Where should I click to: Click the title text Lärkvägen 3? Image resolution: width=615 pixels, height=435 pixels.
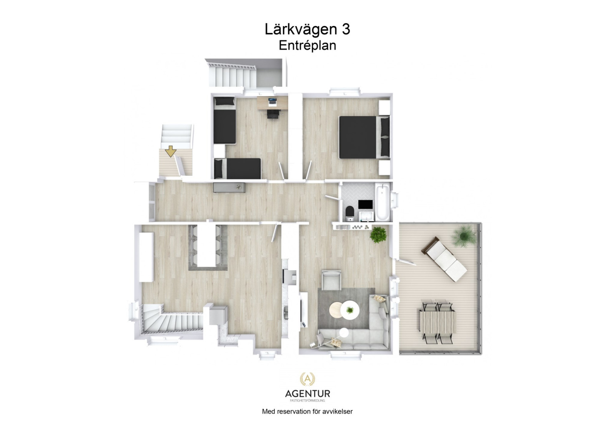click(307, 29)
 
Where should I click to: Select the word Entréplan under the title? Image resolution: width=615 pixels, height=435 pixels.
click(307, 45)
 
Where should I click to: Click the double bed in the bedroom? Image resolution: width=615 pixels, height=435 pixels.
click(363, 137)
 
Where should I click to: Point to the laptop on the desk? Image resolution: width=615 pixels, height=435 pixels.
click(272, 102)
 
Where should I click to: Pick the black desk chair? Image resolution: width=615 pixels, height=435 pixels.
click(273, 113)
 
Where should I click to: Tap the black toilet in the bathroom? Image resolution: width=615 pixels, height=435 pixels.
click(349, 212)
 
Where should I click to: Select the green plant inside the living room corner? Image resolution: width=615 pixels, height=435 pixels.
click(378, 234)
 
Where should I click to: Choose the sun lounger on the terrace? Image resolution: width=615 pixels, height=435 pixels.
click(445, 259)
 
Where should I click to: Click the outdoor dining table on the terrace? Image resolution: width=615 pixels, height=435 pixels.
click(438, 322)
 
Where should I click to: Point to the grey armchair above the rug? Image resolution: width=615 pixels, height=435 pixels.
click(331, 280)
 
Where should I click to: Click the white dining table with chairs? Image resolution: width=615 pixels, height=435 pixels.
click(207, 246)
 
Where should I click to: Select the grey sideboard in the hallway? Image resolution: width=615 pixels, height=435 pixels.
click(229, 187)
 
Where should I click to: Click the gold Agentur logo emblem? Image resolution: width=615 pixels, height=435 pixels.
click(307, 380)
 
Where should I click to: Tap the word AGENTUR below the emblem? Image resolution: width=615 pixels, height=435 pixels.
click(307, 393)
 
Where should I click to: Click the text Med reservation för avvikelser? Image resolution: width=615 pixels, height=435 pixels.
click(307, 412)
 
